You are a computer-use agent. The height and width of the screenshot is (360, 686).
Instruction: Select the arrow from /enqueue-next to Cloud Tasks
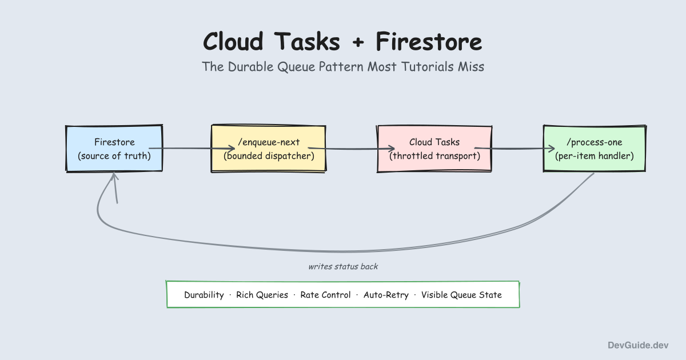pos(352,149)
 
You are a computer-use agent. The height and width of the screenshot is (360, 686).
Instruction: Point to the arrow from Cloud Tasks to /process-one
pos(517,149)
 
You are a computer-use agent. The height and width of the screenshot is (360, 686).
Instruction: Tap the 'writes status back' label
pos(343,266)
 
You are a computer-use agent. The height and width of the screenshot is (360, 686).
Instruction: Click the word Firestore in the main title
pos(428,42)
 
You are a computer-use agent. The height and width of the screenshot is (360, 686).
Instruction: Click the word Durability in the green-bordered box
pos(204,295)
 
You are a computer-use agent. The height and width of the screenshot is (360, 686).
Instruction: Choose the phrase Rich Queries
pos(262,295)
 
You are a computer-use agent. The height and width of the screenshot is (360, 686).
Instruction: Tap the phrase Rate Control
pos(325,295)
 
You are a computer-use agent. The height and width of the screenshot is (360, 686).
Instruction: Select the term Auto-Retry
pos(386,295)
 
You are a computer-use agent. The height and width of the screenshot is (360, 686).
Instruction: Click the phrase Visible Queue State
pos(461,295)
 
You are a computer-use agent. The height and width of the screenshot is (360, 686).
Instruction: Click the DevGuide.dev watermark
pos(637,345)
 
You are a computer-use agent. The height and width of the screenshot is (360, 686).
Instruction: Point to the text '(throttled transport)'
pos(434,155)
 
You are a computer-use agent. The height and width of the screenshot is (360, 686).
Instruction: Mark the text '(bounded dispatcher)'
pos(268,155)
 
